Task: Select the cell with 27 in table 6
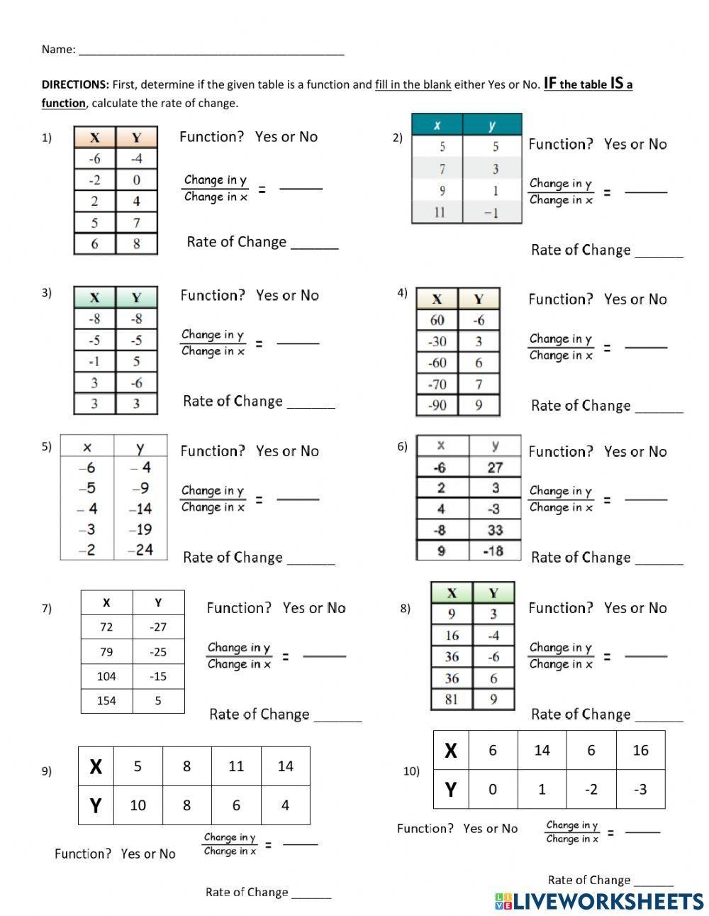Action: (495, 468)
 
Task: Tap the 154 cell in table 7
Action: (106, 700)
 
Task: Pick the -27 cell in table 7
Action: (158, 627)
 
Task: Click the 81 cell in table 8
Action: (452, 700)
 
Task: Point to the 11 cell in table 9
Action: (236, 766)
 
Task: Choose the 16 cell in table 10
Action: (640, 751)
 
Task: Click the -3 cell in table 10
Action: (640, 789)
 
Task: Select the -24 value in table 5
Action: (140, 550)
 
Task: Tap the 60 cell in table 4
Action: (437, 321)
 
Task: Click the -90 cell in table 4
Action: (437, 406)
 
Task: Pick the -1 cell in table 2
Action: (492, 212)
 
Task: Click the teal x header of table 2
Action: (437, 125)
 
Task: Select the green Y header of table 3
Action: (136, 297)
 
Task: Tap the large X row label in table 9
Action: (96, 766)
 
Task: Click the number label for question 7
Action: (47, 608)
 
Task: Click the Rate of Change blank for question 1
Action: (315, 245)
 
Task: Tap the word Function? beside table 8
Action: (560, 608)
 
